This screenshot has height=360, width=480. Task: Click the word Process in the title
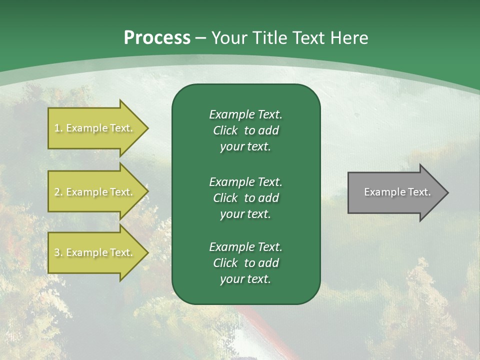[157, 38]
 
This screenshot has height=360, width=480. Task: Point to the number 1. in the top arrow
[58, 128]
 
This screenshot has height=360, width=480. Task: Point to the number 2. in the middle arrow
[58, 192]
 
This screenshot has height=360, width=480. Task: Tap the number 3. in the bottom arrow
[58, 252]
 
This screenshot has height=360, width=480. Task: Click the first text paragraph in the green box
[245, 130]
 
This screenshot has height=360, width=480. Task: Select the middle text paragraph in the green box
[245, 197]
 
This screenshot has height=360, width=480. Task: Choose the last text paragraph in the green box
[245, 263]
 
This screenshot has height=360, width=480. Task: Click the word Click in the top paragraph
[225, 130]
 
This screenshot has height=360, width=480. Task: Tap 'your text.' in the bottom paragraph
[245, 279]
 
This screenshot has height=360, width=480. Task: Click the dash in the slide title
[201, 38]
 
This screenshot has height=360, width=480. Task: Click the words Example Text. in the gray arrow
[397, 192]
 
